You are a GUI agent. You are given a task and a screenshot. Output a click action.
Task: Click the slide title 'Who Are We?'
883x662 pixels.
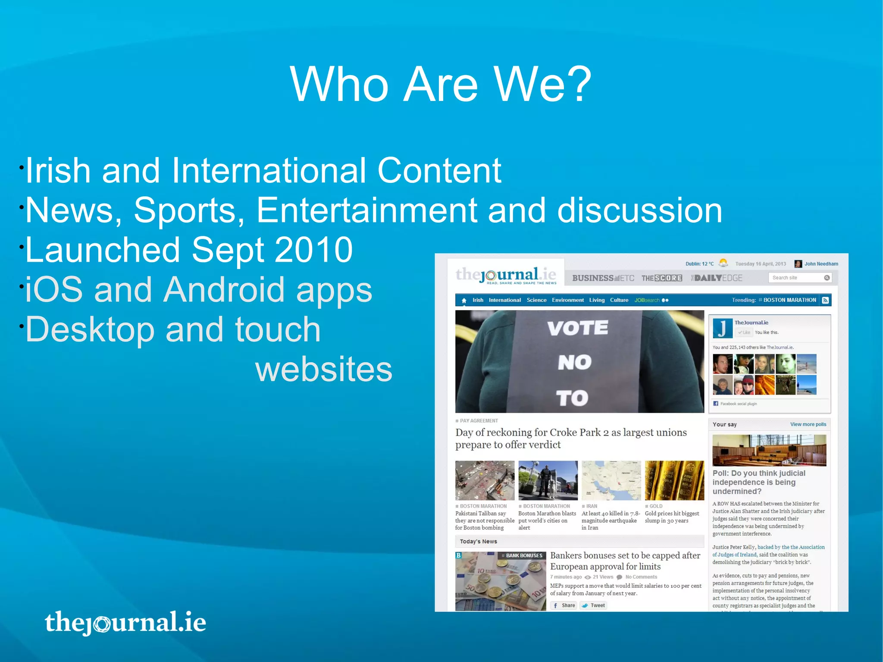pyautogui.click(x=441, y=84)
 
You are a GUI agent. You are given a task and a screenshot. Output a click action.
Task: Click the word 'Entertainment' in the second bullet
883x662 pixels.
pyautogui.click(x=366, y=210)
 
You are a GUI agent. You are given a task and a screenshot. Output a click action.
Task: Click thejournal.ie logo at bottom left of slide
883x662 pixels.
pyautogui.click(x=125, y=622)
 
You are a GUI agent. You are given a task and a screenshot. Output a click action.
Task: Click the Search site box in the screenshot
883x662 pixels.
pyautogui.click(x=795, y=278)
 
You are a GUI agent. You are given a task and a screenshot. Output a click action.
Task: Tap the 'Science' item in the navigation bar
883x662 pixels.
pyautogui.click(x=536, y=300)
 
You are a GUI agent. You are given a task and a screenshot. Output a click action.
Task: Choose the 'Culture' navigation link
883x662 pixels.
pyautogui.click(x=619, y=300)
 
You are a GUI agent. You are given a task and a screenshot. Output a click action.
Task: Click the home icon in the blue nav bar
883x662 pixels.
pyautogui.click(x=464, y=300)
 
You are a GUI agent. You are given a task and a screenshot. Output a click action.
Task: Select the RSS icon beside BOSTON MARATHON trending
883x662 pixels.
pyautogui.click(x=825, y=300)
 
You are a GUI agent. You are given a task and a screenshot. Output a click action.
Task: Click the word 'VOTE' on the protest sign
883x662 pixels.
pyautogui.click(x=577, y=328)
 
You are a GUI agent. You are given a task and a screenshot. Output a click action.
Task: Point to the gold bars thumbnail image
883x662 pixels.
pyautogui.click(x=674, y=480)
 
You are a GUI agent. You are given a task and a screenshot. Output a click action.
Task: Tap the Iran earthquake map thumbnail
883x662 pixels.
pyautogui.click(x=611, y=480)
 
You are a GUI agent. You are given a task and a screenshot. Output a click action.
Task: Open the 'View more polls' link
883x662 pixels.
pyautogui.click(x=808, y=424)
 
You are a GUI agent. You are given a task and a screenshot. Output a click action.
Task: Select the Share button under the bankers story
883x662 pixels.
pyautogui.click(x=564, y=606)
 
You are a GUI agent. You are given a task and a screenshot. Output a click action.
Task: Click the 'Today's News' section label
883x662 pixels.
pyautogui.click(x=478, y=542)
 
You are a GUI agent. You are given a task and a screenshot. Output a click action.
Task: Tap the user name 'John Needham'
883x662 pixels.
pyautogui.click(x=821, y=264)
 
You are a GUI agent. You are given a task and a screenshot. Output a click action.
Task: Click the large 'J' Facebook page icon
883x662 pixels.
pyautogui.click(x=723, y=328)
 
